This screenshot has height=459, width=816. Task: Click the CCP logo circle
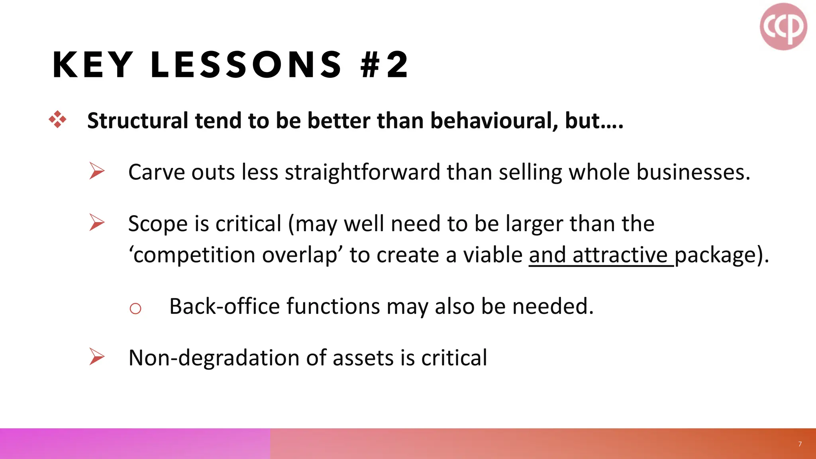click(783, 27)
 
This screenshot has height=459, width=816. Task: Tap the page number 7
click(800, 444)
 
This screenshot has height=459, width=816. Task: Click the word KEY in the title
click(92, 65)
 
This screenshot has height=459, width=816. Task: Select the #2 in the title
click(384, 65)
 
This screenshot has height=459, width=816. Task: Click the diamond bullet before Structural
click(57, 120)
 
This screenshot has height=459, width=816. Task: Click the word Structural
click(137, 121)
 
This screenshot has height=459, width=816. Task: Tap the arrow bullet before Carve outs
click(97, 171)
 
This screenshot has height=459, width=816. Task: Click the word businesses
click(693, 173)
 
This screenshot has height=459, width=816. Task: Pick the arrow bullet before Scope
click(97, 222)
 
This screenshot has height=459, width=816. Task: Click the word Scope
click(157, 224)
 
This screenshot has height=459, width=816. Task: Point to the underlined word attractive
click(620, 255)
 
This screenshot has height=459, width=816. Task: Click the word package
click(715, 255)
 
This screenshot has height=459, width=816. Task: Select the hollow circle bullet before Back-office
click(135, 308)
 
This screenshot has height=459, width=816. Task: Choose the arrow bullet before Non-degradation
click(97, 357)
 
